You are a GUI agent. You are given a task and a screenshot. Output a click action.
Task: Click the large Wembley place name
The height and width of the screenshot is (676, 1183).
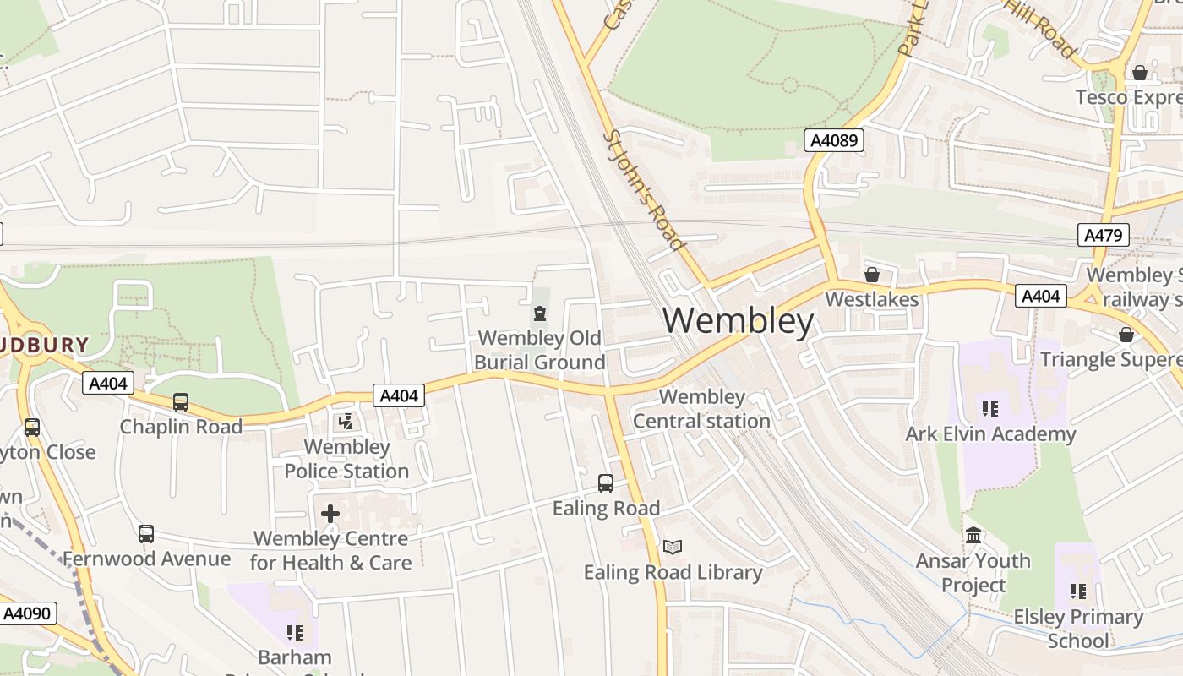[x=738, y=321]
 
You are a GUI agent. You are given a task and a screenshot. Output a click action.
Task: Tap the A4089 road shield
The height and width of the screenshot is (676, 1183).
[x=834, y=140]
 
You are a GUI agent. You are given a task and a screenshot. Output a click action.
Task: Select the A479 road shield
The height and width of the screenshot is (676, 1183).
[x=1103, y=235]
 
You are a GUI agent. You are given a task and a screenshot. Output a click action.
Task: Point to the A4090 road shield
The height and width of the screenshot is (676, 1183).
[x=28, y=613]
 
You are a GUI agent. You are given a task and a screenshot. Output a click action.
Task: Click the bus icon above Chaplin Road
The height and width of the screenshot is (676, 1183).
[x=181, y=402]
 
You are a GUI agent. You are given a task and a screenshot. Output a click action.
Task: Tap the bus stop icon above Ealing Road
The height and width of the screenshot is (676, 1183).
[x=606, y=483]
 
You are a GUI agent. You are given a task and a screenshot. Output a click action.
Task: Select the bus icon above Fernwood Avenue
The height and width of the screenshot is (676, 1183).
[x=146, y=534]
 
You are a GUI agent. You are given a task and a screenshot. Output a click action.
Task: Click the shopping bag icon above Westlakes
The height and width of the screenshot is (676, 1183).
[x=872, y=275]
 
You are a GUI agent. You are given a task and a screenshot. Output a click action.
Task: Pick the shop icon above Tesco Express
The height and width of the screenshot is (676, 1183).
[x=1140, y=74]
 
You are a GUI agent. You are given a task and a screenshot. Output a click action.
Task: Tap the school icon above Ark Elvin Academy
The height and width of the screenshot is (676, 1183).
[x=990, y=410]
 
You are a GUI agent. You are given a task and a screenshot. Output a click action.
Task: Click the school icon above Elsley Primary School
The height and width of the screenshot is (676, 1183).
[x=1078, y=591]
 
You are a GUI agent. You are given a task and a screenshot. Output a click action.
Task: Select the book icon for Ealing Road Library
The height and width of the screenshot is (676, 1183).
[x=673, y=548]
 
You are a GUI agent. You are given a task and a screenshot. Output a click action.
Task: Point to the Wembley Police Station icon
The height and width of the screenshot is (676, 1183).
[x=346, y=422]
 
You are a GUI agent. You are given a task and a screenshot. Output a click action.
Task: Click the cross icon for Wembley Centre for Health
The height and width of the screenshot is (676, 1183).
[x=330, y=513]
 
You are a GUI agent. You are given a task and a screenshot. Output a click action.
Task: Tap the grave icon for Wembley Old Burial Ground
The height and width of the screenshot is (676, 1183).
[x=539, y=314]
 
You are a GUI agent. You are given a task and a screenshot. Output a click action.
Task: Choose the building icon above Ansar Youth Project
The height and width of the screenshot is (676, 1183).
[x=973, y=536]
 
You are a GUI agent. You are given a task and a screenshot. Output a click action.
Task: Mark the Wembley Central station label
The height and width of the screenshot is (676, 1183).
[x=701, y=409]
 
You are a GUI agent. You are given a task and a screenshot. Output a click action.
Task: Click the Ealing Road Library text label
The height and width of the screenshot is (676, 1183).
[x=673, y=573]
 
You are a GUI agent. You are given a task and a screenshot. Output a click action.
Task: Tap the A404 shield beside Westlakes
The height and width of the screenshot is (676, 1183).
[x=1040, y=296]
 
